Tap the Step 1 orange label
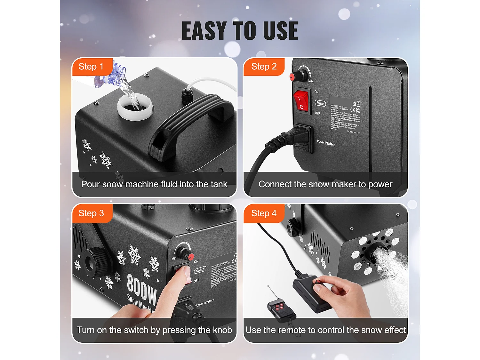[x=92, y=67]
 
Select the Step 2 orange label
[x=264, y=67]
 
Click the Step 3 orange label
[x=92, y=213]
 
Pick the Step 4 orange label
[x=264, y=213]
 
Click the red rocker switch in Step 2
[x=301, y=101]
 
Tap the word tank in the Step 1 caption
[x=219, y=184]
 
